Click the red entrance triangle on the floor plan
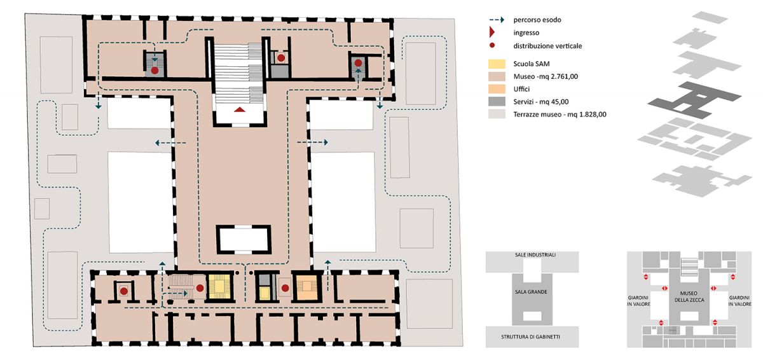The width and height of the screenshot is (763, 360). coord(240,109)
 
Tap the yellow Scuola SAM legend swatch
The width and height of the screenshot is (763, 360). coord(497,64)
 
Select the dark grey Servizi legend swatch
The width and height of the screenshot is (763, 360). coord(497,102)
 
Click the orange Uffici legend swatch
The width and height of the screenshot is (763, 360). coord(497,89)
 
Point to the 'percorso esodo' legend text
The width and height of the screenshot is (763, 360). coord(537,20)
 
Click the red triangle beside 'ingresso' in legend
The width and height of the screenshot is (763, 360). coord(492,32)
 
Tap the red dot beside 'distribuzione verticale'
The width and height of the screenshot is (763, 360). coord(492,45)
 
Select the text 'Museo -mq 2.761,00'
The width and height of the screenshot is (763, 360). coord(546,76)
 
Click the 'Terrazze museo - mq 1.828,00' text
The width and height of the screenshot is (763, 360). coord(560,114)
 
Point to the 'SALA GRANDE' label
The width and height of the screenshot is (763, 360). coord(531,292)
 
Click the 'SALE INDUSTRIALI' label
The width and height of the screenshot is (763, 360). coord(535,255)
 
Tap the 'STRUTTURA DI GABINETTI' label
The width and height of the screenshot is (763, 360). coord(530,337)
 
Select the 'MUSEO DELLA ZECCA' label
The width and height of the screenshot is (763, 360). coord(689,296)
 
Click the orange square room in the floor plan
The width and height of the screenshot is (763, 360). coord(307,286)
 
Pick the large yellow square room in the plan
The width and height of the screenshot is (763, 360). coord(220,286)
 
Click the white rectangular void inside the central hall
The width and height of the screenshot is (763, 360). coord(244,239)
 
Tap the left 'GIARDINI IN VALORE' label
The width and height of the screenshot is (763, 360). coord(638,301)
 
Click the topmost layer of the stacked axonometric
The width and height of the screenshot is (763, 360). coord(711,17)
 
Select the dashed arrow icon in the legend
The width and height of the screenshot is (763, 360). coord(497,20)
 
